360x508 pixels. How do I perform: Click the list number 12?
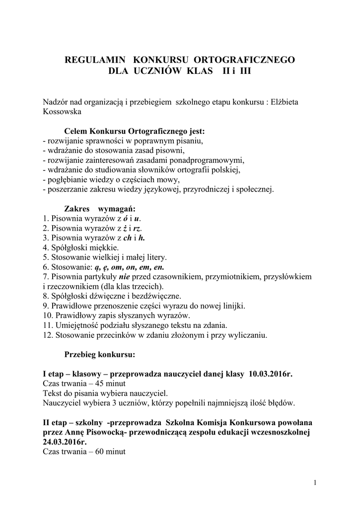(x=48, y=335)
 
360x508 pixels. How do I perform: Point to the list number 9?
(x=46, y=306)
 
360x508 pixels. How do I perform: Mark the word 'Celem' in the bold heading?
(x=77, y=131)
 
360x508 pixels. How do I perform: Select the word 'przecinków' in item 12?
(x=105, y=335)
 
